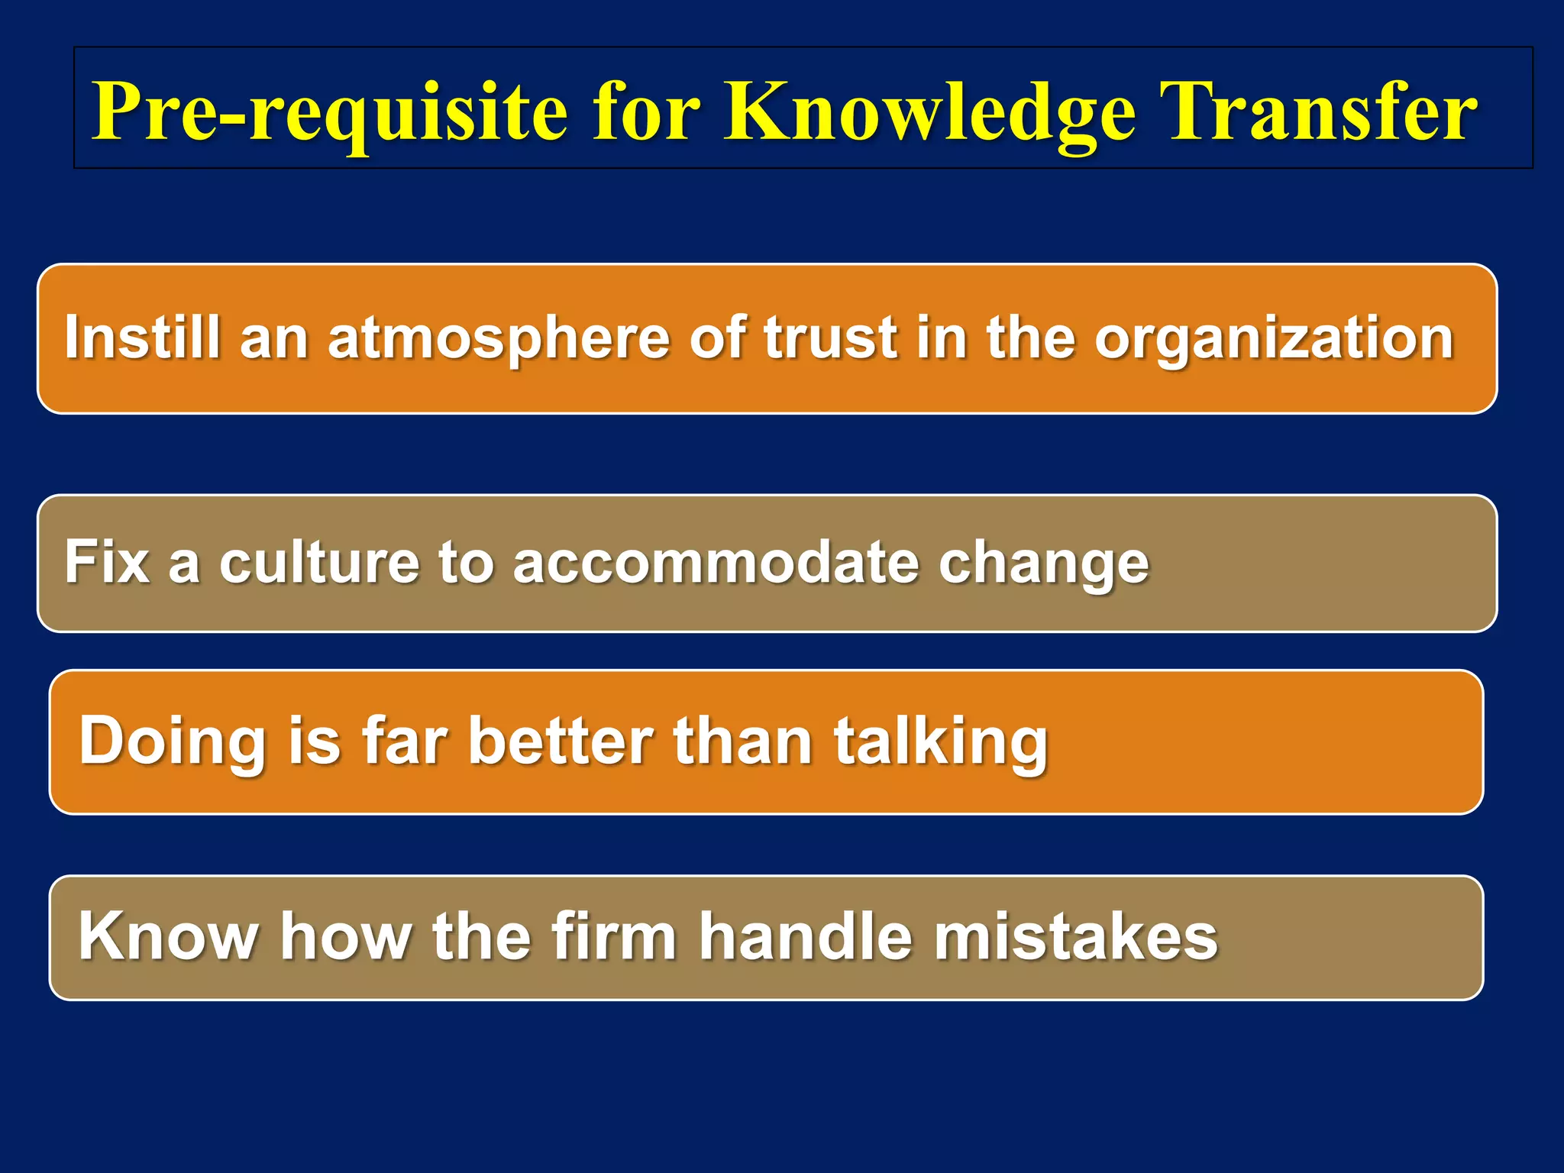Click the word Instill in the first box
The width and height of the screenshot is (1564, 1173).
[x=142, y=337]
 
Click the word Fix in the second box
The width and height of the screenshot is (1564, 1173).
[x=107, y=562]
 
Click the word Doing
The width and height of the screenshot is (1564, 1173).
[x=172, y=742]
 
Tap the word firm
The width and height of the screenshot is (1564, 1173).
[x=614, y=936]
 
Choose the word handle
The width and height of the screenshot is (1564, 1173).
[x=806, y=936]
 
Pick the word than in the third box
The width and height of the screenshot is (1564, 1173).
[x=742, y=740]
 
